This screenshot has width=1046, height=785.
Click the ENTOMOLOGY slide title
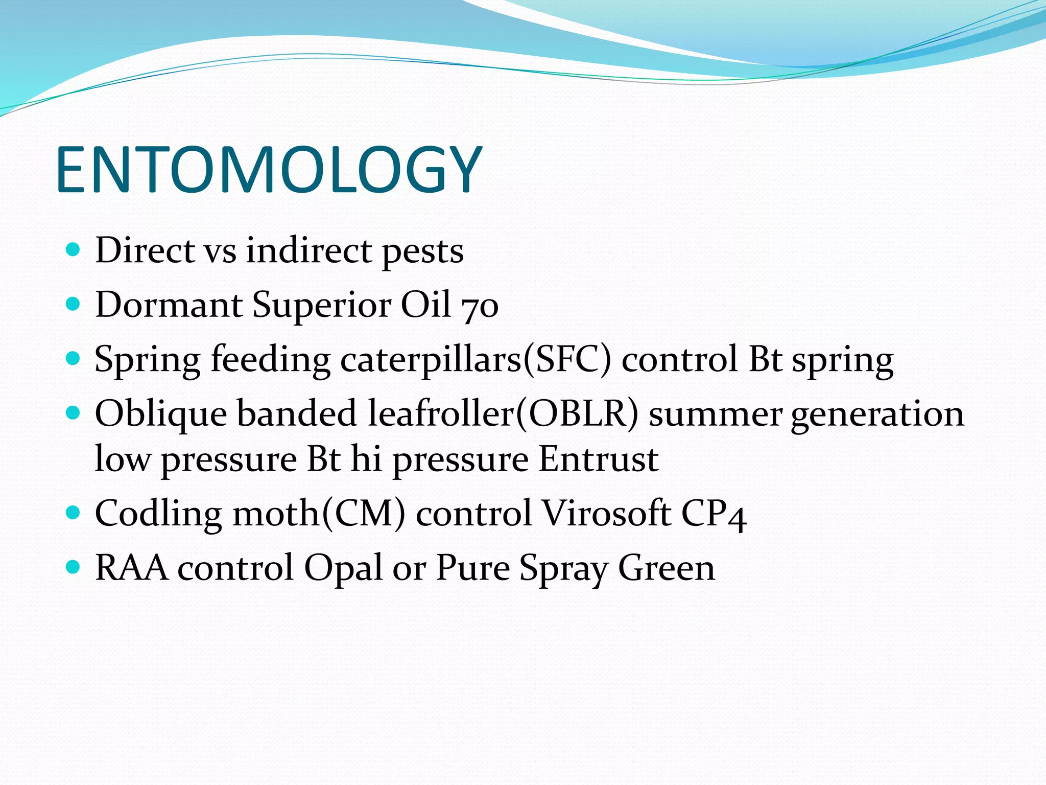coord(269,170)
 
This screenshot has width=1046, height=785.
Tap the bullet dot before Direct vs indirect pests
coord(74,250)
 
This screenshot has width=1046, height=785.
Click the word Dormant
coord(169,305)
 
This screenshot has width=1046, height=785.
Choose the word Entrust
coord(599,459)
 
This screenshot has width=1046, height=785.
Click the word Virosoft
coord(606,513)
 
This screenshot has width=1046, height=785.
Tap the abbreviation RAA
coord(131,568)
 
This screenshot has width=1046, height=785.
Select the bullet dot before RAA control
coord(74,567)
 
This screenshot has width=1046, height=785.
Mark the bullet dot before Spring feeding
coord(74,358)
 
